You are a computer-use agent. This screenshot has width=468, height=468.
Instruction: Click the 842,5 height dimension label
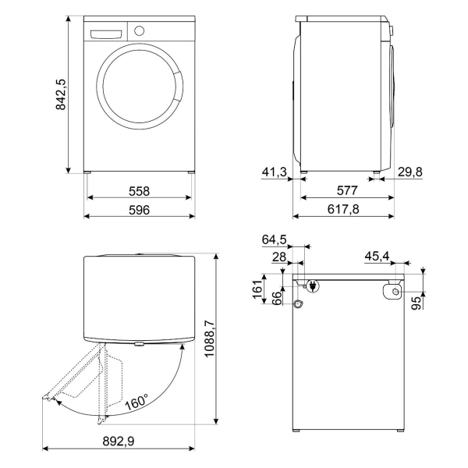[61, 94]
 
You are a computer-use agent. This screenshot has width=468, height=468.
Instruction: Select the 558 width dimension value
[139, 191]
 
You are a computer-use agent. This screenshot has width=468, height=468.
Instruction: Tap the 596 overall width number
[139, 210]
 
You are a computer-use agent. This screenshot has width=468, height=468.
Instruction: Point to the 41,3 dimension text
[275, 172]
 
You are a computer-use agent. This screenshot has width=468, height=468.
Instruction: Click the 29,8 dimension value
[410, 172]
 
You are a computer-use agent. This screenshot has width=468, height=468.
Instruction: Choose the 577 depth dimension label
[347, 190]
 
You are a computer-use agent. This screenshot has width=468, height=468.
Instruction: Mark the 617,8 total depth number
[343, 209]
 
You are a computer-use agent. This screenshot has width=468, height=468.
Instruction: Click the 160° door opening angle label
[136, 402]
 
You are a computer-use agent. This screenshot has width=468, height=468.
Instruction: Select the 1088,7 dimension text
[210, 339]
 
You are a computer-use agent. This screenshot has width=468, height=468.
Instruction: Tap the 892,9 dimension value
[119, 441]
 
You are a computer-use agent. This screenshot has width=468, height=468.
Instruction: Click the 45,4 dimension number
[377, 256]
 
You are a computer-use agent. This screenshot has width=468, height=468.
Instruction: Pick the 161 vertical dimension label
[257, 289]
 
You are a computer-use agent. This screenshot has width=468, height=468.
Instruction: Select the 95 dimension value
[416, 303]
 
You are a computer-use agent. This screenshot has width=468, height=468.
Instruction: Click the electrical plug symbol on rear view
[313, 285]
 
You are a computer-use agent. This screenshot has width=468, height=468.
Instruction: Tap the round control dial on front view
[139, 30]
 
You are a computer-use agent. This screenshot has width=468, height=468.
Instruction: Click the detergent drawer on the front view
[106, 34]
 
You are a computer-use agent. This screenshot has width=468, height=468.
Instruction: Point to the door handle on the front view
[178, 86]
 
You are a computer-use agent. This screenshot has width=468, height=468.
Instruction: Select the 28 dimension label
[279, 257]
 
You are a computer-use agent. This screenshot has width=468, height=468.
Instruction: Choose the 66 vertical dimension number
[277, 298]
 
